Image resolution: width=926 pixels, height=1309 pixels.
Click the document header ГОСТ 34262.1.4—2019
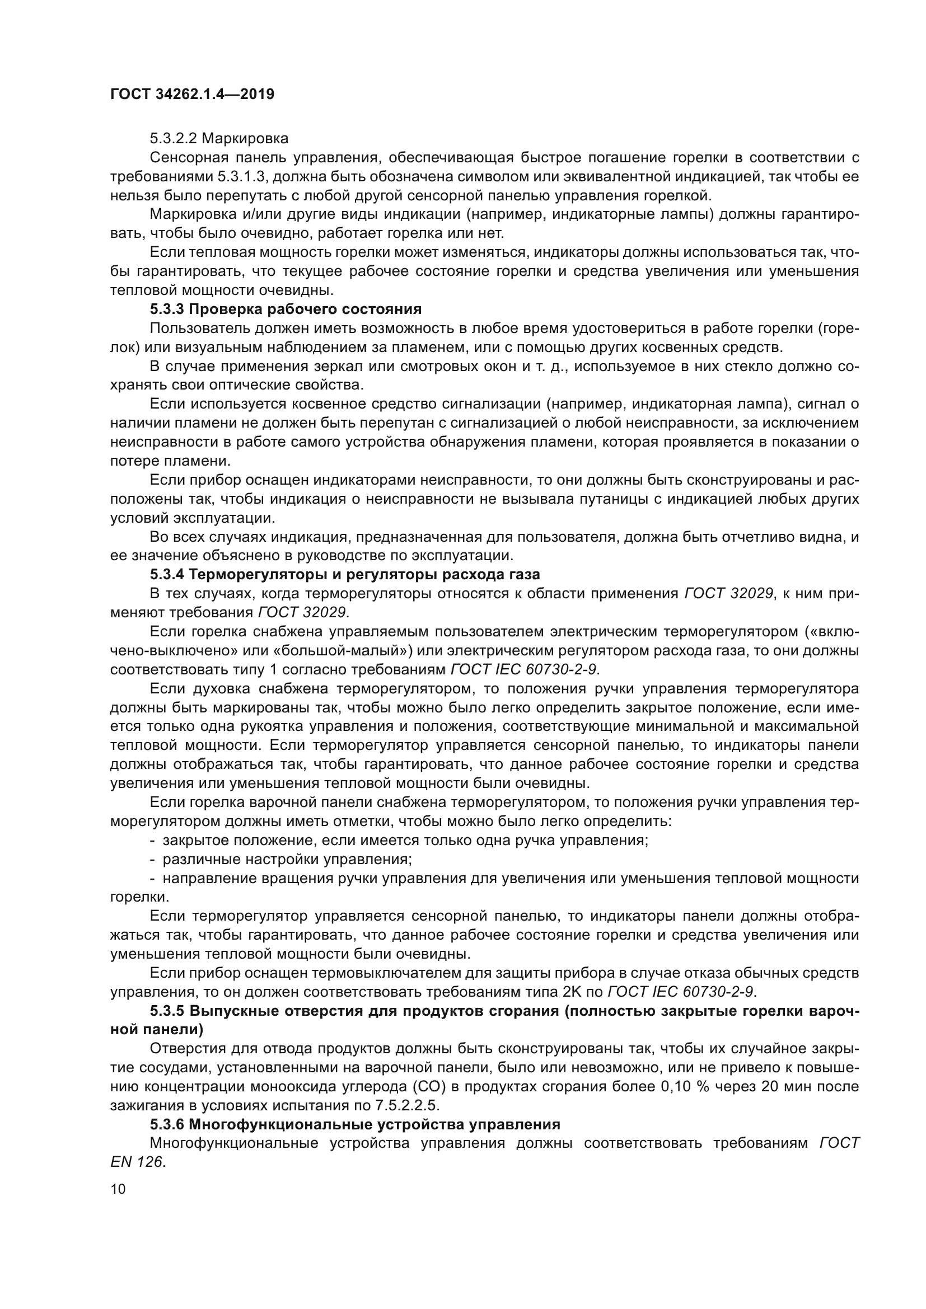(192, 94)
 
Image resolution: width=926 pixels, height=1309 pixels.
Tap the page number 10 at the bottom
(118, 1189)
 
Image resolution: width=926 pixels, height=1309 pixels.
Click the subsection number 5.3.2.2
(174, 139)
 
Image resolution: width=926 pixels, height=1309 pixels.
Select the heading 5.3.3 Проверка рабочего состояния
(286, 309)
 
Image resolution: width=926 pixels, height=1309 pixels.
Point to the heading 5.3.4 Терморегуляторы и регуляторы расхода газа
(344, 574)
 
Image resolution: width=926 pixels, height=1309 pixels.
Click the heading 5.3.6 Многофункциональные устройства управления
(354, 1124)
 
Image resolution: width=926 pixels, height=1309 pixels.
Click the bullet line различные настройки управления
(287, 859)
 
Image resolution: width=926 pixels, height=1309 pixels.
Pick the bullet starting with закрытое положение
(405, 841)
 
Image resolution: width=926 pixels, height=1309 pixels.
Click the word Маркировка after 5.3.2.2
(245, 139)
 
